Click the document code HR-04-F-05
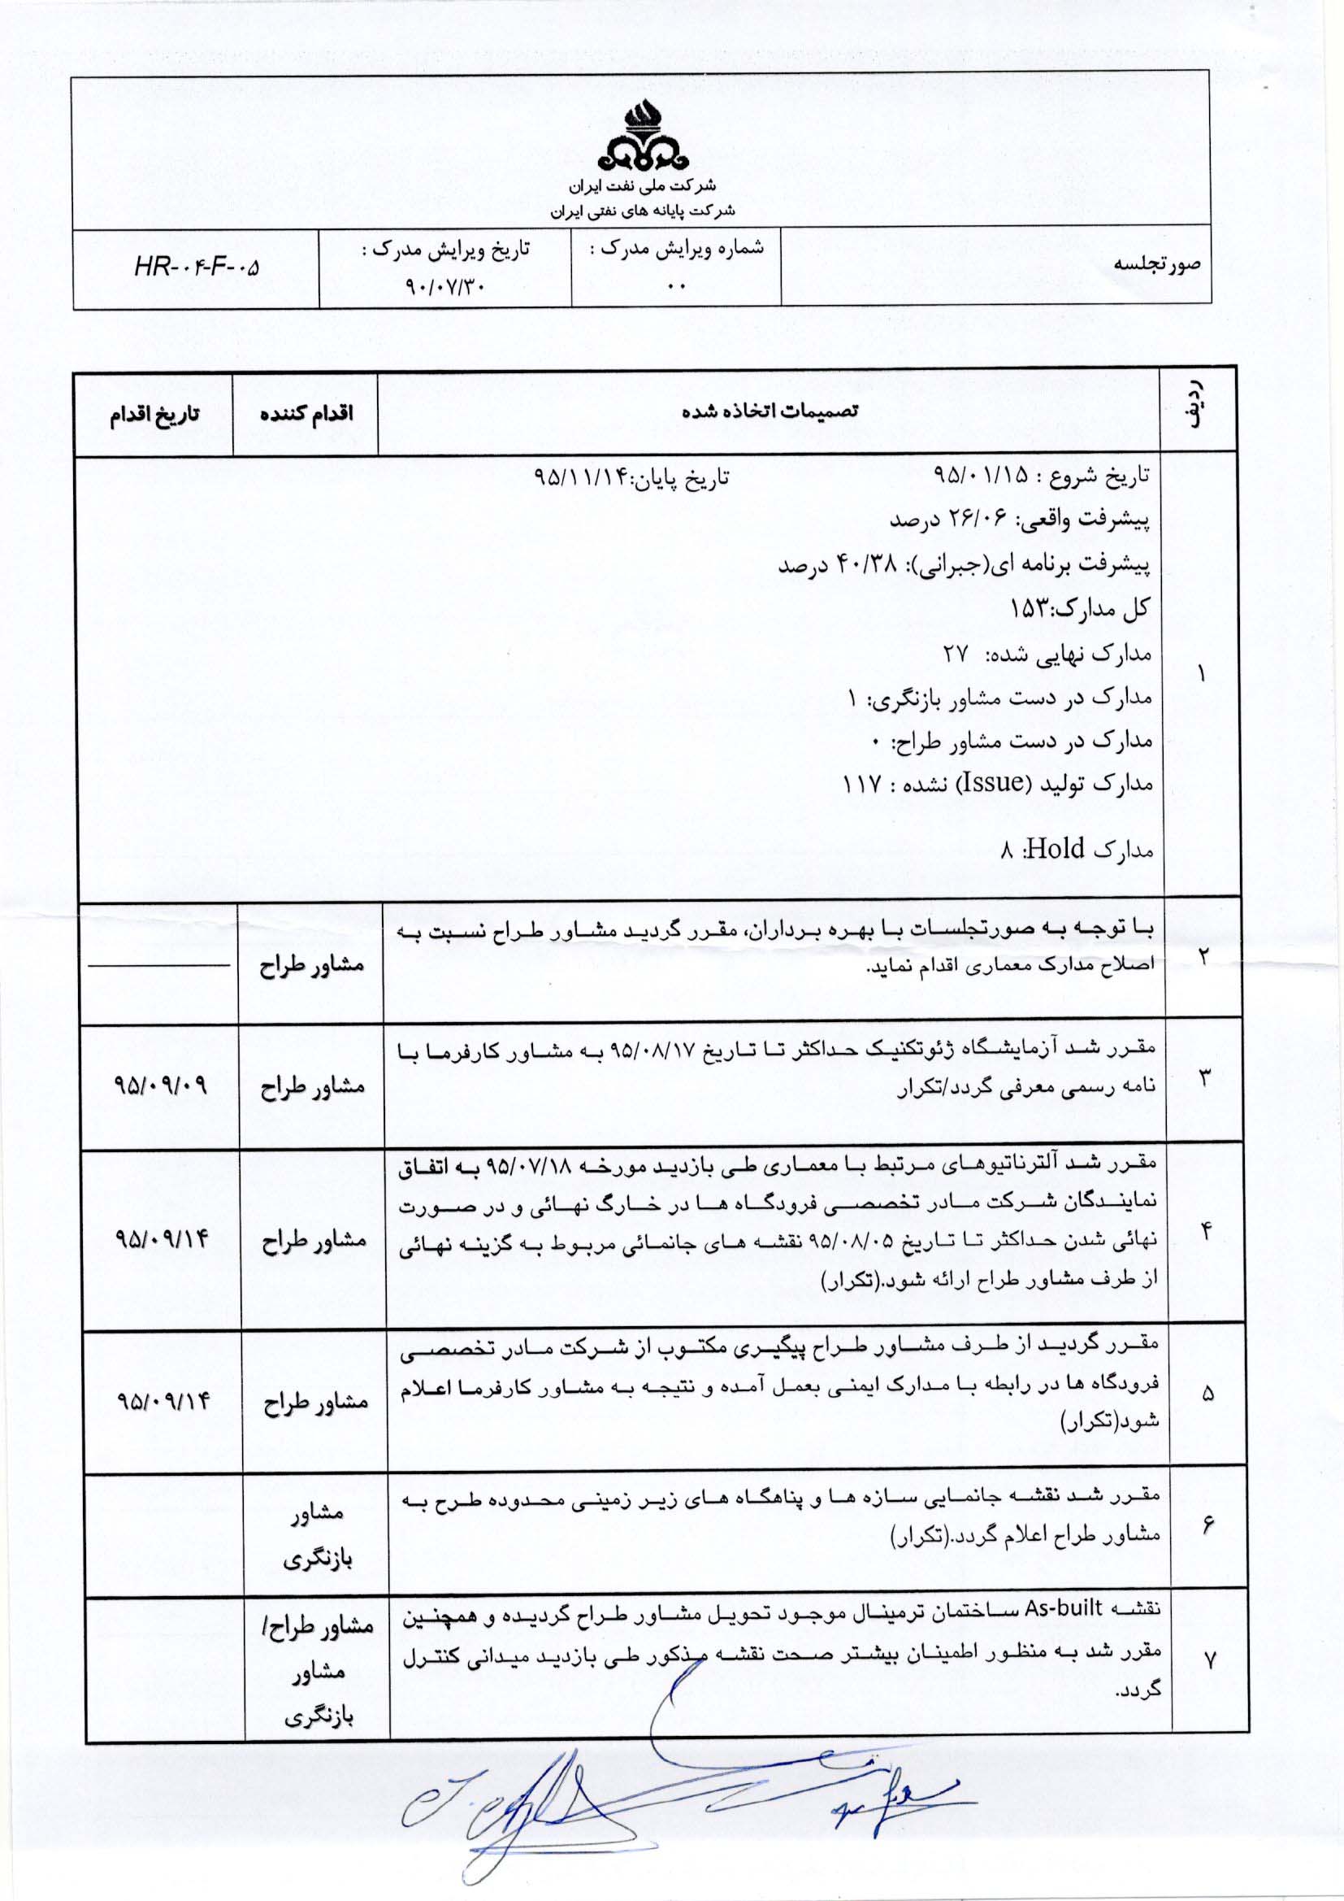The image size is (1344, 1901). (196, 268)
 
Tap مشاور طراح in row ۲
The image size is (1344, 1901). (312, 965)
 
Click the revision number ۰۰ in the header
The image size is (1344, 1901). (676, 287)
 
